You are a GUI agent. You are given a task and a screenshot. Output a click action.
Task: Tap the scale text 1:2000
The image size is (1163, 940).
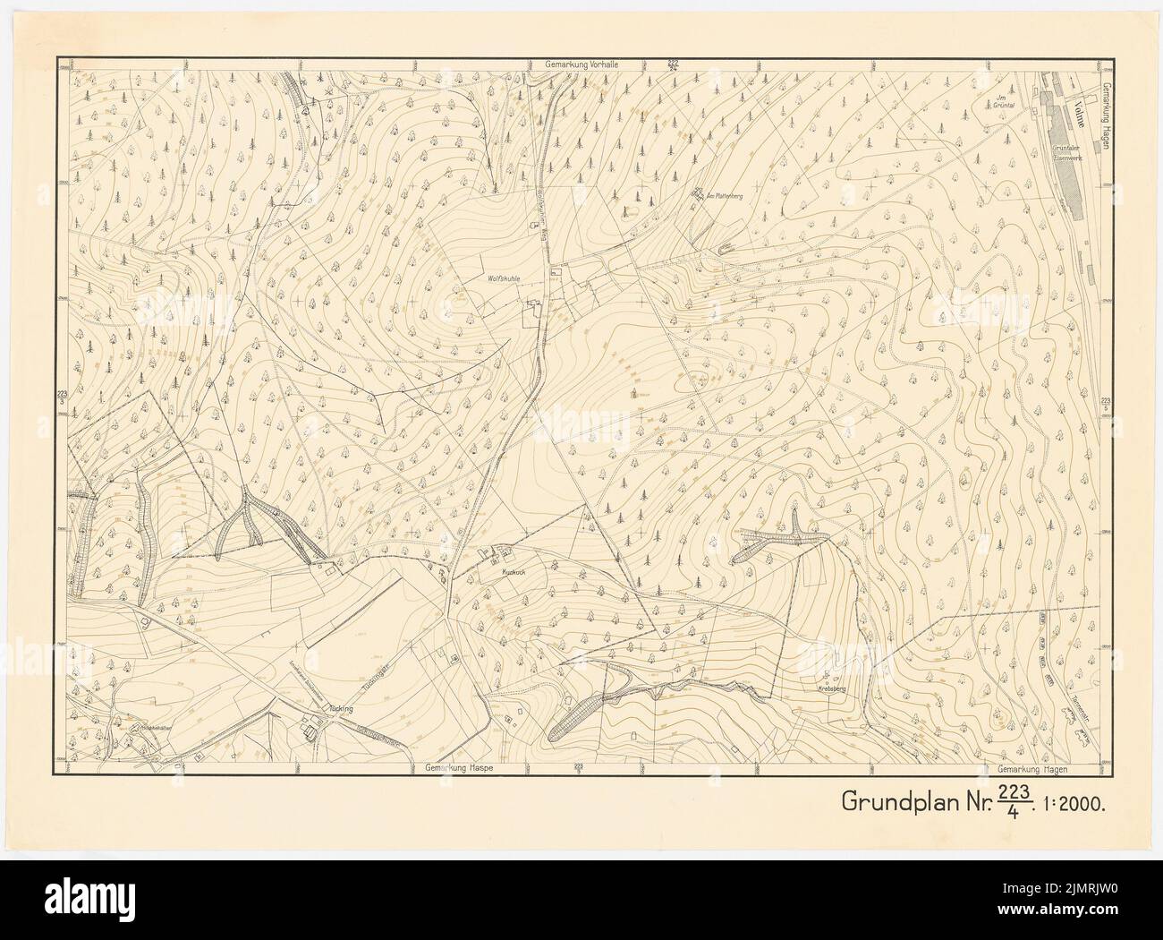click(x=1078, y=801)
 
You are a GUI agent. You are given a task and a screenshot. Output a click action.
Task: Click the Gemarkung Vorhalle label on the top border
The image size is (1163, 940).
click(x=581, y=66)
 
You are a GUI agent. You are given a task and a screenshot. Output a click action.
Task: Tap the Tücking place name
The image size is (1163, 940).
click(x=342, y=707)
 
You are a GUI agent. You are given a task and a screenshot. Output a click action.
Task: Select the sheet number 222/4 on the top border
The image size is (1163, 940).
click(x=673, y=64)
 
